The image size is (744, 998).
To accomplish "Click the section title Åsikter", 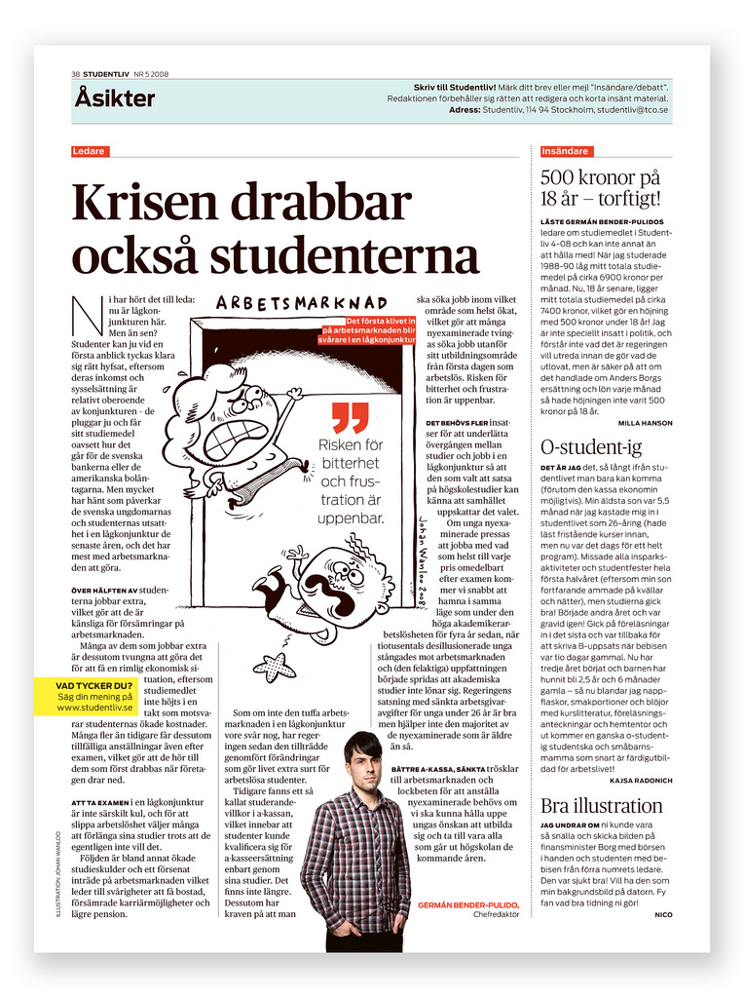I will (115, 98).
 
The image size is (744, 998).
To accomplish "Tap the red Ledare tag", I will (90, 151).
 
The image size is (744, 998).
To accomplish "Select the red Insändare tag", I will (565, 151).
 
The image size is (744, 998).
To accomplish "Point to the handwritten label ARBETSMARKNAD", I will (301, 303).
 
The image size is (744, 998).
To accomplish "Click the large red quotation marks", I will (350, 416).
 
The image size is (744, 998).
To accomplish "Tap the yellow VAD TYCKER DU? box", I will (95, 696).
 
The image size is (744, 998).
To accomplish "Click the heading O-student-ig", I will (591, 447).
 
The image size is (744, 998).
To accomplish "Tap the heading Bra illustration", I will (602, 806).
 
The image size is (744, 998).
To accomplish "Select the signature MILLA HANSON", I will (645, 423).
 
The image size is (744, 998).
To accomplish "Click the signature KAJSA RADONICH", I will (640, 781).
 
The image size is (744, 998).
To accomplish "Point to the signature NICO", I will (663, 914).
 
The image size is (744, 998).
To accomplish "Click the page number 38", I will (75, 74).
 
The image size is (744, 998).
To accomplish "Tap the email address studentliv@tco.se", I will (633, 110).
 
